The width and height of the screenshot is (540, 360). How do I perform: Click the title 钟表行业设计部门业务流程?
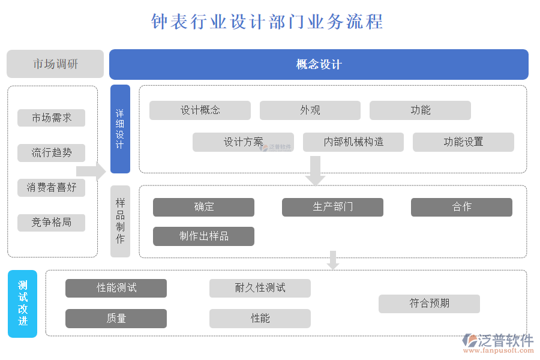(267, 22)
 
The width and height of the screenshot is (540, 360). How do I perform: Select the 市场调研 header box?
(55, 64)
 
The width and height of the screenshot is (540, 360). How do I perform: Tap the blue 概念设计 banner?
(319, 64)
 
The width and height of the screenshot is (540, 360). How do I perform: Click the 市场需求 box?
(52, 118)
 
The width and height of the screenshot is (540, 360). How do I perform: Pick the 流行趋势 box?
(52, 152)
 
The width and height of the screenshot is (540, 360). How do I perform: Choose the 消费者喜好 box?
(52, 187)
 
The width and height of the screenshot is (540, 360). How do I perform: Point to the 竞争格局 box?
(52, 223)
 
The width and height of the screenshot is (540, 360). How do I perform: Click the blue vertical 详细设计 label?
(120, 129)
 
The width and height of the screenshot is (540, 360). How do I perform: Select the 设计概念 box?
(200, 110)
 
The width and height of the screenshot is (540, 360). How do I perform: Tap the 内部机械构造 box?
(353, 142)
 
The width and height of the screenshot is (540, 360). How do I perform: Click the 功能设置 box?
(463, 142)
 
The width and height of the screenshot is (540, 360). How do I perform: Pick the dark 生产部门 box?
(332, 207)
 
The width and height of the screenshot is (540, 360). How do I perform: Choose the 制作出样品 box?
(203, 236)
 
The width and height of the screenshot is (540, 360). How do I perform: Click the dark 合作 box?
(461, 207)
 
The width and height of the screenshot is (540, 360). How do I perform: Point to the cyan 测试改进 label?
(23, 304)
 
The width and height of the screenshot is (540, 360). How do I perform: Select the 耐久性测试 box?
(260, 288)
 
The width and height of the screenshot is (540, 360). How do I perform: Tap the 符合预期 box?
(429, 304)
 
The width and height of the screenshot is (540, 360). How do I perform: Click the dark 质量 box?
(116, 319)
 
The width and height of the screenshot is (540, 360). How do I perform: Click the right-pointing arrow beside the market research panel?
(91, 171)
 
